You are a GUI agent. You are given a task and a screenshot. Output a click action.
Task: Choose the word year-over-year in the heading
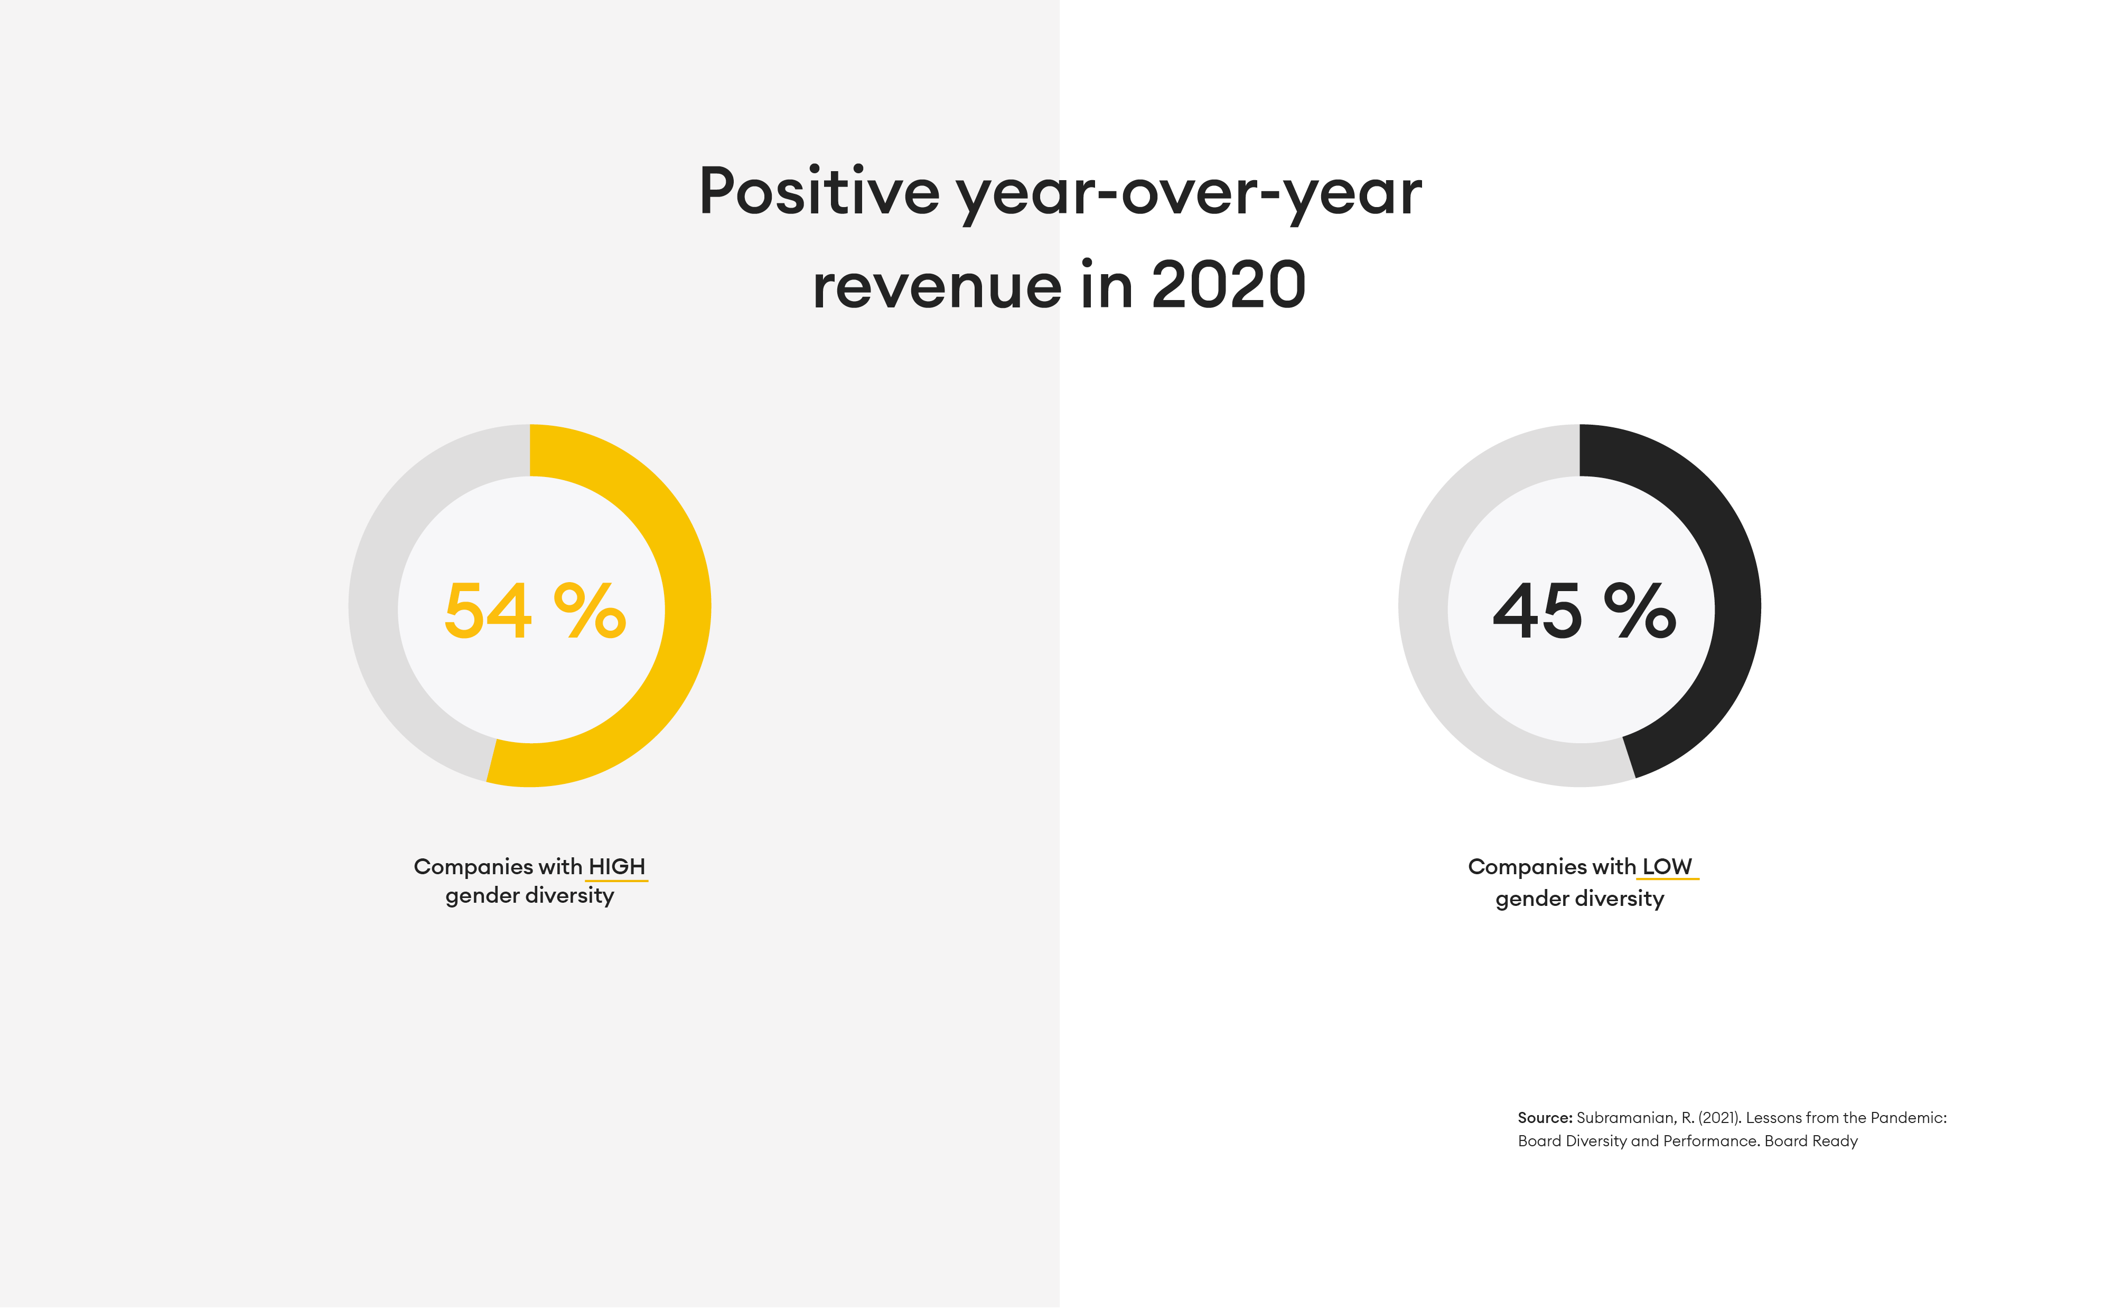click(x=1188, y=192)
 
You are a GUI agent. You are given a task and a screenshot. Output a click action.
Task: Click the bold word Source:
click(x=1544, y=1118)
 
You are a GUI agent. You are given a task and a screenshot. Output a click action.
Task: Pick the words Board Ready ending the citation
click(x=1811, y=1141)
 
